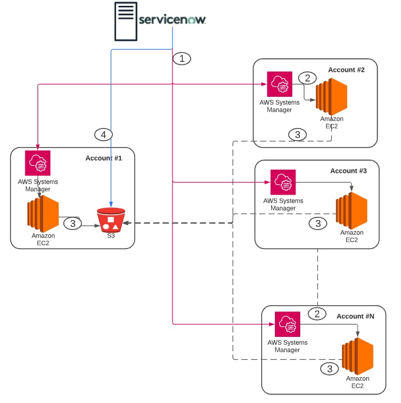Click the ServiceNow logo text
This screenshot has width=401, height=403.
click(172, 20)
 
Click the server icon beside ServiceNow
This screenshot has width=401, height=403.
click(126, 21)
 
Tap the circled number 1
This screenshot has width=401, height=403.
click(182, 58)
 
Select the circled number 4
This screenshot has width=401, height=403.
click(103, 135)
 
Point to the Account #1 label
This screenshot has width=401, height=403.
click(103, 158)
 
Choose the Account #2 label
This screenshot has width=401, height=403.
click(346, 69)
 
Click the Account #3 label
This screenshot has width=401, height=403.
click(348, 171)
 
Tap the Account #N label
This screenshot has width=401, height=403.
click(355, 316)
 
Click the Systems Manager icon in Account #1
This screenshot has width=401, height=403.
click(37, 163)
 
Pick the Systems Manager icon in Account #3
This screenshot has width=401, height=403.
click(283, 182)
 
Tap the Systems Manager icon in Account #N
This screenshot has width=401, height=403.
click(287, 324)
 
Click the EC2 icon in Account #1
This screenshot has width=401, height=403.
click(43, 213)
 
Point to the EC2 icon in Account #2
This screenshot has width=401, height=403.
click(331, 97)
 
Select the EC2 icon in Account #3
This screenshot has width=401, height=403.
click(351, 210)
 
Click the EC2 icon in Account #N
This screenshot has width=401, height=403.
click(357, 356)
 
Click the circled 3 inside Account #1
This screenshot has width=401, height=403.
click(73, 224)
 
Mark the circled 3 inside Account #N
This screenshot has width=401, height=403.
click(330, 369)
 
